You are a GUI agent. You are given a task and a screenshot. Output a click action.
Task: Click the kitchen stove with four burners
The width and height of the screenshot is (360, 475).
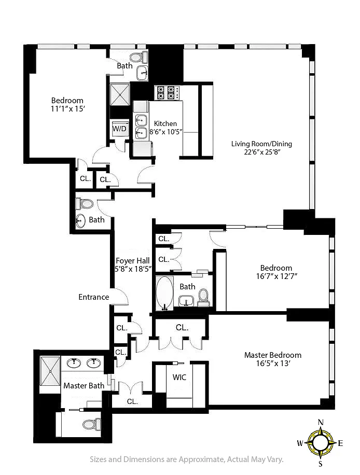coord(167,93)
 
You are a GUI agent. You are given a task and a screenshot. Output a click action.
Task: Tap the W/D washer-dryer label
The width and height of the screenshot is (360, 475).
coord(119,129)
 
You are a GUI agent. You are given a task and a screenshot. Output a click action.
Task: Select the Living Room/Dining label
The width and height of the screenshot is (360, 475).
coord(261,144)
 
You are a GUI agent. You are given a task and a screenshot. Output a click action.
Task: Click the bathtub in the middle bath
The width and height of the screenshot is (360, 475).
coord(164,293)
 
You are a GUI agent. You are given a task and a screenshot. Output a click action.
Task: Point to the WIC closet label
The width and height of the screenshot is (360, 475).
coord(179,377)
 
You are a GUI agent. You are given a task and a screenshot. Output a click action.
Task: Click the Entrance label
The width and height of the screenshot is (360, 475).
coord(94,297)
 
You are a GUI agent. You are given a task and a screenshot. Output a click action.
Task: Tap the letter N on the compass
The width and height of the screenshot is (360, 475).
coord(321,422)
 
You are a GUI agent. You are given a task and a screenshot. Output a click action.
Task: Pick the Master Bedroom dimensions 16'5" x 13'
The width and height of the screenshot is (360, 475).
coord(273,363)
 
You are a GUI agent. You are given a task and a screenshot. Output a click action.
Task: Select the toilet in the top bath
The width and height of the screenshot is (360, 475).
coord(139,57)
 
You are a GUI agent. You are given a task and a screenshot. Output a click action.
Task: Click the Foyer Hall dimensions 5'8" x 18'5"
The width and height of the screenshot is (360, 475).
coord(133,269)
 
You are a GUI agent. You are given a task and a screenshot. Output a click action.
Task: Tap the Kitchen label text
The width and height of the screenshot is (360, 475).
coord(165,123)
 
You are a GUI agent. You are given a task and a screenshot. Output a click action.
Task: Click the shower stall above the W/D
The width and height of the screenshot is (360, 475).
coord(120,95)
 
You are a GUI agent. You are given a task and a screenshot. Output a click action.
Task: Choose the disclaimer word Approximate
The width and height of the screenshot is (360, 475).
coord(201,459)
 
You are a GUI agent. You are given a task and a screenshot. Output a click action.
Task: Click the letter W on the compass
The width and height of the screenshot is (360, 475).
coord(300,443)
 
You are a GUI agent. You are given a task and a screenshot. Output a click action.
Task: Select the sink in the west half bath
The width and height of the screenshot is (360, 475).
coord(80,220)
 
